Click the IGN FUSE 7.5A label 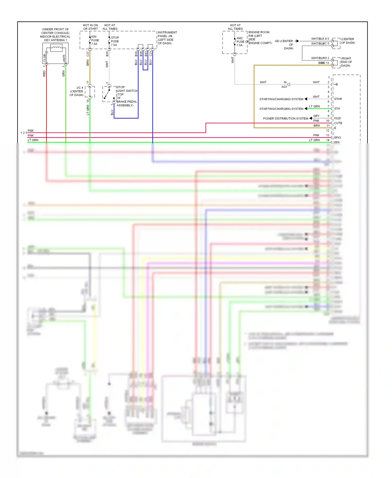[x=95, y=40]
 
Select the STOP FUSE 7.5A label [x=115, y=41]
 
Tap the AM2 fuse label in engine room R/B [x=240, y=42]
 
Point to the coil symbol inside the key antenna [x=56, y=48]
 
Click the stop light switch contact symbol [x=107, y=94]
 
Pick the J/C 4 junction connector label [x=77, y=91]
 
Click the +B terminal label [x=336, y=84]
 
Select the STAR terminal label [x=338, y=99]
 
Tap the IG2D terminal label [x=337, y=118]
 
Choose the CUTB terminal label [x=338, y=123]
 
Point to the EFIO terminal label [x=337, y=138]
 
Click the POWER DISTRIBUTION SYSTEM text [x=286, y=118]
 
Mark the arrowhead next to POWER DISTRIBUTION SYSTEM [x=311, y=118]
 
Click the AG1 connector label [x=284, y=87]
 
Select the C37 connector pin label [x=88, y=54]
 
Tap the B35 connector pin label [x=107, y=54]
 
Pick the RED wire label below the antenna [x=44, y=73]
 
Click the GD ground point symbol [x=297, y=41]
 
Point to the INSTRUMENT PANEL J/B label [x=167, y=38]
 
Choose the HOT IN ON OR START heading [x=90, y=27]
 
